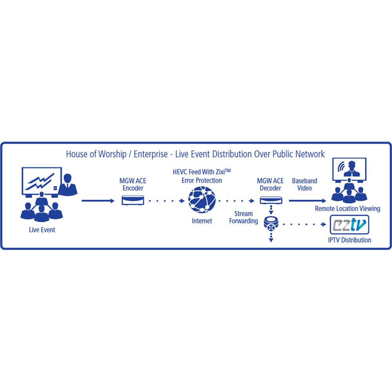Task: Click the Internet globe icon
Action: click(202, 200)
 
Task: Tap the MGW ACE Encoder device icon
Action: click(133, 201)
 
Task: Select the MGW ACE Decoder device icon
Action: click(270, 201)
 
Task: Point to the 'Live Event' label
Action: click(42, 230)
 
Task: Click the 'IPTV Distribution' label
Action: click(349, 240)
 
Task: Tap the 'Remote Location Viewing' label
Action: click(347, 209)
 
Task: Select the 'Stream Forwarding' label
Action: click(243, 217)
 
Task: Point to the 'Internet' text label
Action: click(202, 221)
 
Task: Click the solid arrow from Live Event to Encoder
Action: click(98, 201)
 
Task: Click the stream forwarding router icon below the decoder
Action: click(270, 224)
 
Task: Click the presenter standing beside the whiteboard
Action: click(68, 184)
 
